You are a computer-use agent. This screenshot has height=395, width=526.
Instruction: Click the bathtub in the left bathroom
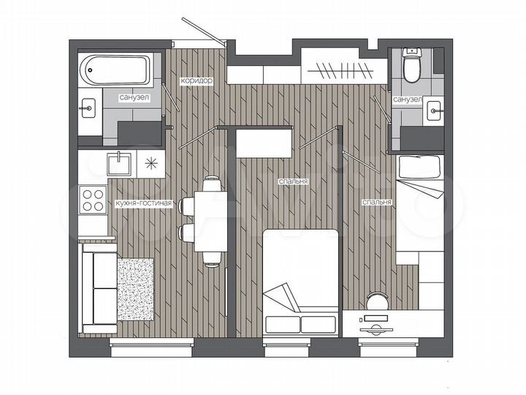coord(116,70)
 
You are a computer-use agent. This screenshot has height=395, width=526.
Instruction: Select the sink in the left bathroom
coord(88,108)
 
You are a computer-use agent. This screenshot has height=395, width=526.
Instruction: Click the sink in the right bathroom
coord(434,111)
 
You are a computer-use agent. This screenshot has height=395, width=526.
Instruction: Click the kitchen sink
coord(118,162)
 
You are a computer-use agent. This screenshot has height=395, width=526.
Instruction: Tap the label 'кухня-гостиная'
coord(144,204)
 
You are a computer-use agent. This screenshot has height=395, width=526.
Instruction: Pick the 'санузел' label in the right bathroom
coord(406,98)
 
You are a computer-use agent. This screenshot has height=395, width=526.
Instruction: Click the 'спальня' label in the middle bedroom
coord(292,181)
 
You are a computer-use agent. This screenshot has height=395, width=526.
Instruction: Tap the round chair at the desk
coord(378,301)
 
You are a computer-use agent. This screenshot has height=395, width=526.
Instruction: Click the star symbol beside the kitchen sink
coord(153,162)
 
